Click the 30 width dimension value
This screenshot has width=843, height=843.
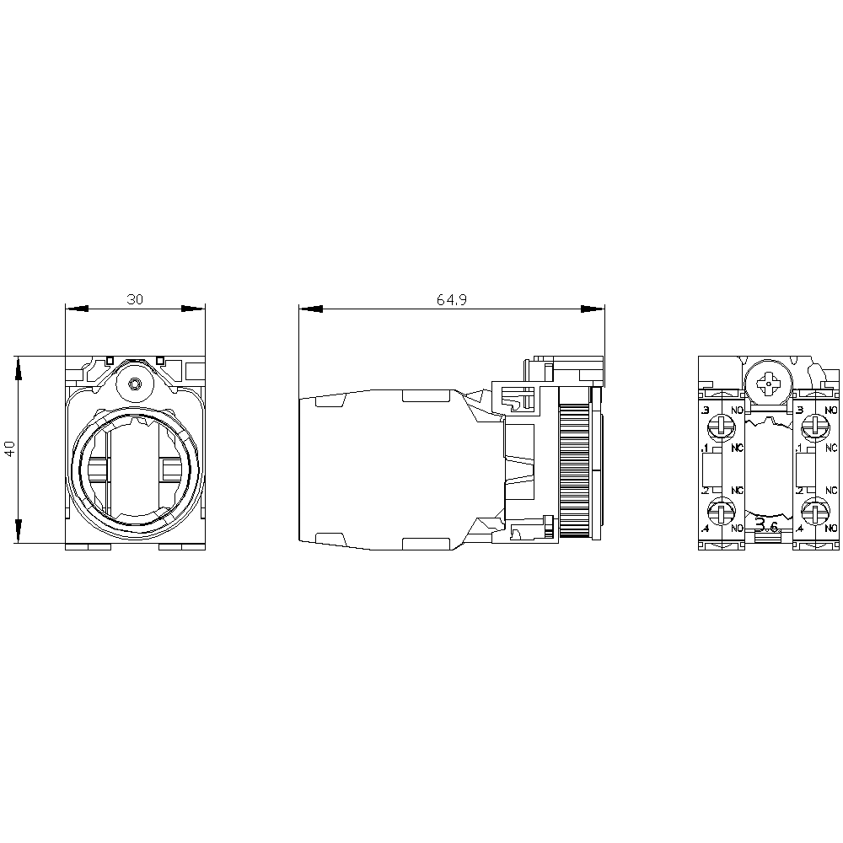pyautogui.click(x=135, y=299)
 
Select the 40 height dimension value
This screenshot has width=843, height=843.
pyautogui.click(x=9, y=448)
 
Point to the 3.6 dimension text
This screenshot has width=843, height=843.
pyautogui.click(x=767, y=526)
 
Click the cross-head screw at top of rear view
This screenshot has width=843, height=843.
pyautogui.click(x=769, y=384)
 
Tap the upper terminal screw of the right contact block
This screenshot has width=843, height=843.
pyautogui.click(x=814, y=425)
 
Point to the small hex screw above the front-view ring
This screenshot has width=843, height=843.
pyautogui.click(x=135, y=386)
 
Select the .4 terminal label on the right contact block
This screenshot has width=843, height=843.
pyautogui.click(x=798, y=528)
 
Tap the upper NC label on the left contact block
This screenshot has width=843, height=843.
pyautogui.click(x=737, y=447)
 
